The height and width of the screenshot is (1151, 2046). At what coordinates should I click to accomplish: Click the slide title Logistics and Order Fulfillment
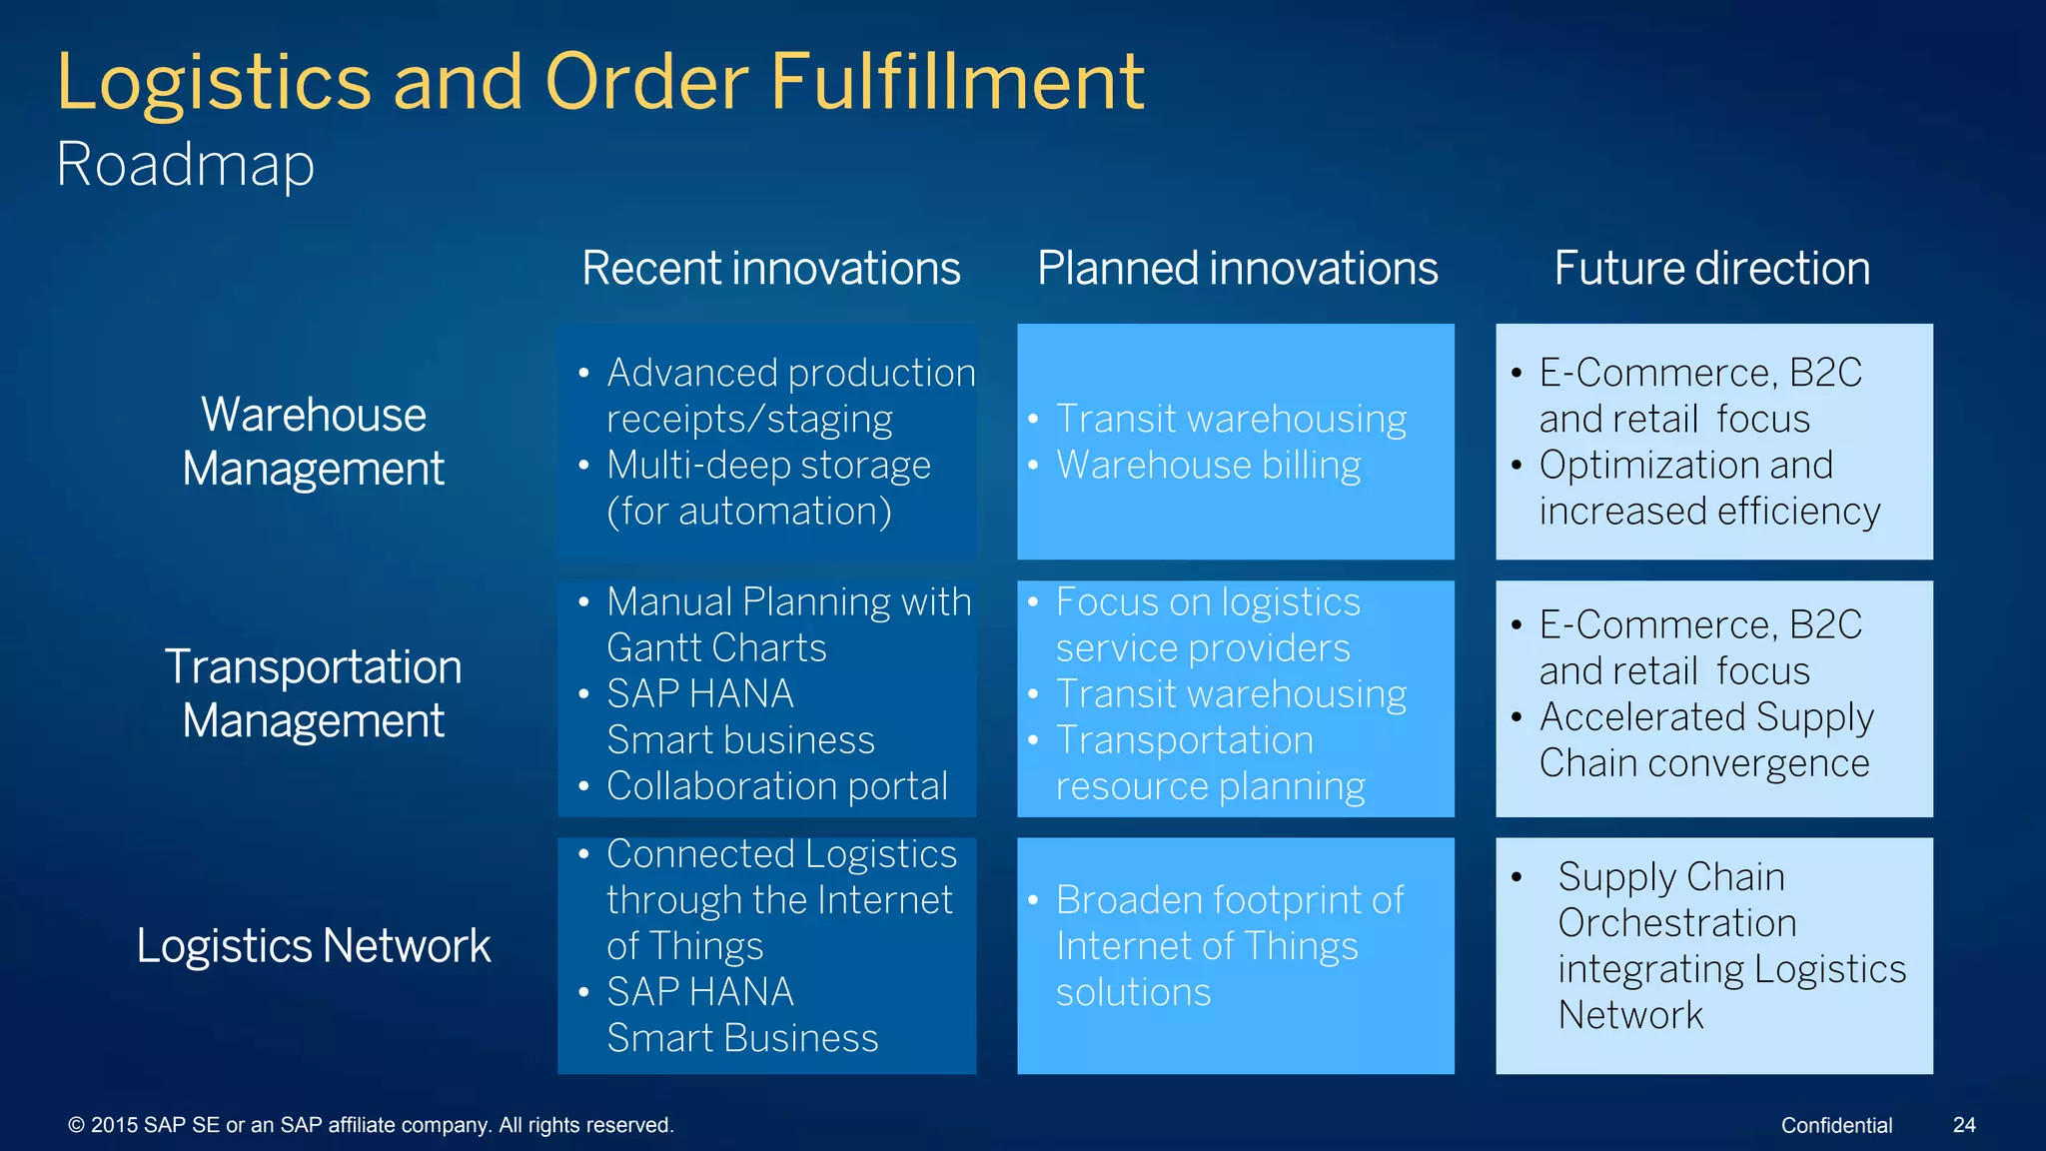coord(599,82)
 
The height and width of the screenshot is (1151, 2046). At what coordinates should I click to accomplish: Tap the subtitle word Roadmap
coord(186,164)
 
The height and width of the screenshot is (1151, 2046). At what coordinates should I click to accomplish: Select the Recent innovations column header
coord(770,268)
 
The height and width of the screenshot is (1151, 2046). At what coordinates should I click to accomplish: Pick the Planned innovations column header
coord(1237,268)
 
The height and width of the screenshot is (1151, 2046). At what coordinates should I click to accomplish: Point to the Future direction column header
coord(1711,268)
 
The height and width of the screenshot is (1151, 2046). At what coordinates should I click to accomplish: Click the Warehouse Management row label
coord(313,442)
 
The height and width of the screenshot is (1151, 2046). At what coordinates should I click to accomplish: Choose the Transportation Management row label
coord(313,693)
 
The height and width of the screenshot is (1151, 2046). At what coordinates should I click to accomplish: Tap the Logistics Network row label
coord(313,945)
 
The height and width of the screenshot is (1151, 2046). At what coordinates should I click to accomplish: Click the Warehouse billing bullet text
coord(1208,466)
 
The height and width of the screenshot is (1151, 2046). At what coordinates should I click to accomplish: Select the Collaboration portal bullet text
coord(776,786)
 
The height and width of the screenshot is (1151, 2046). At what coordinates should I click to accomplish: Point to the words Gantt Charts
coord(716,648)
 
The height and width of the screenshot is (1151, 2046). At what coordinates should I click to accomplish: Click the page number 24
coord(1963,1125)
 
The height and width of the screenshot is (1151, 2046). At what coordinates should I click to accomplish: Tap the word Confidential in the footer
coord(1836,1125)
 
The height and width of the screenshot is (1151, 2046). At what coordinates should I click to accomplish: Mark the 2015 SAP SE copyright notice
coord(371,1125)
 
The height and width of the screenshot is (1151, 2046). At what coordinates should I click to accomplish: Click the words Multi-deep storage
coord(768,466)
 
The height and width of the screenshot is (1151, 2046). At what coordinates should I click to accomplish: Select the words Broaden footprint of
coord(1229,900)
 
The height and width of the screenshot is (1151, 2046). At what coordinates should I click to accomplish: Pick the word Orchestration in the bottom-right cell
coord(1676,923)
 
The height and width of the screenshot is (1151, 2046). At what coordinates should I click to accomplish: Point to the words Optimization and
coord(1685,466)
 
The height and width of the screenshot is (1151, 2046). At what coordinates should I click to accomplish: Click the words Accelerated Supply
coord(1705,717)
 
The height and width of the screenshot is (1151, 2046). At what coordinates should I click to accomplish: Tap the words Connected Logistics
coord(781,854)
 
